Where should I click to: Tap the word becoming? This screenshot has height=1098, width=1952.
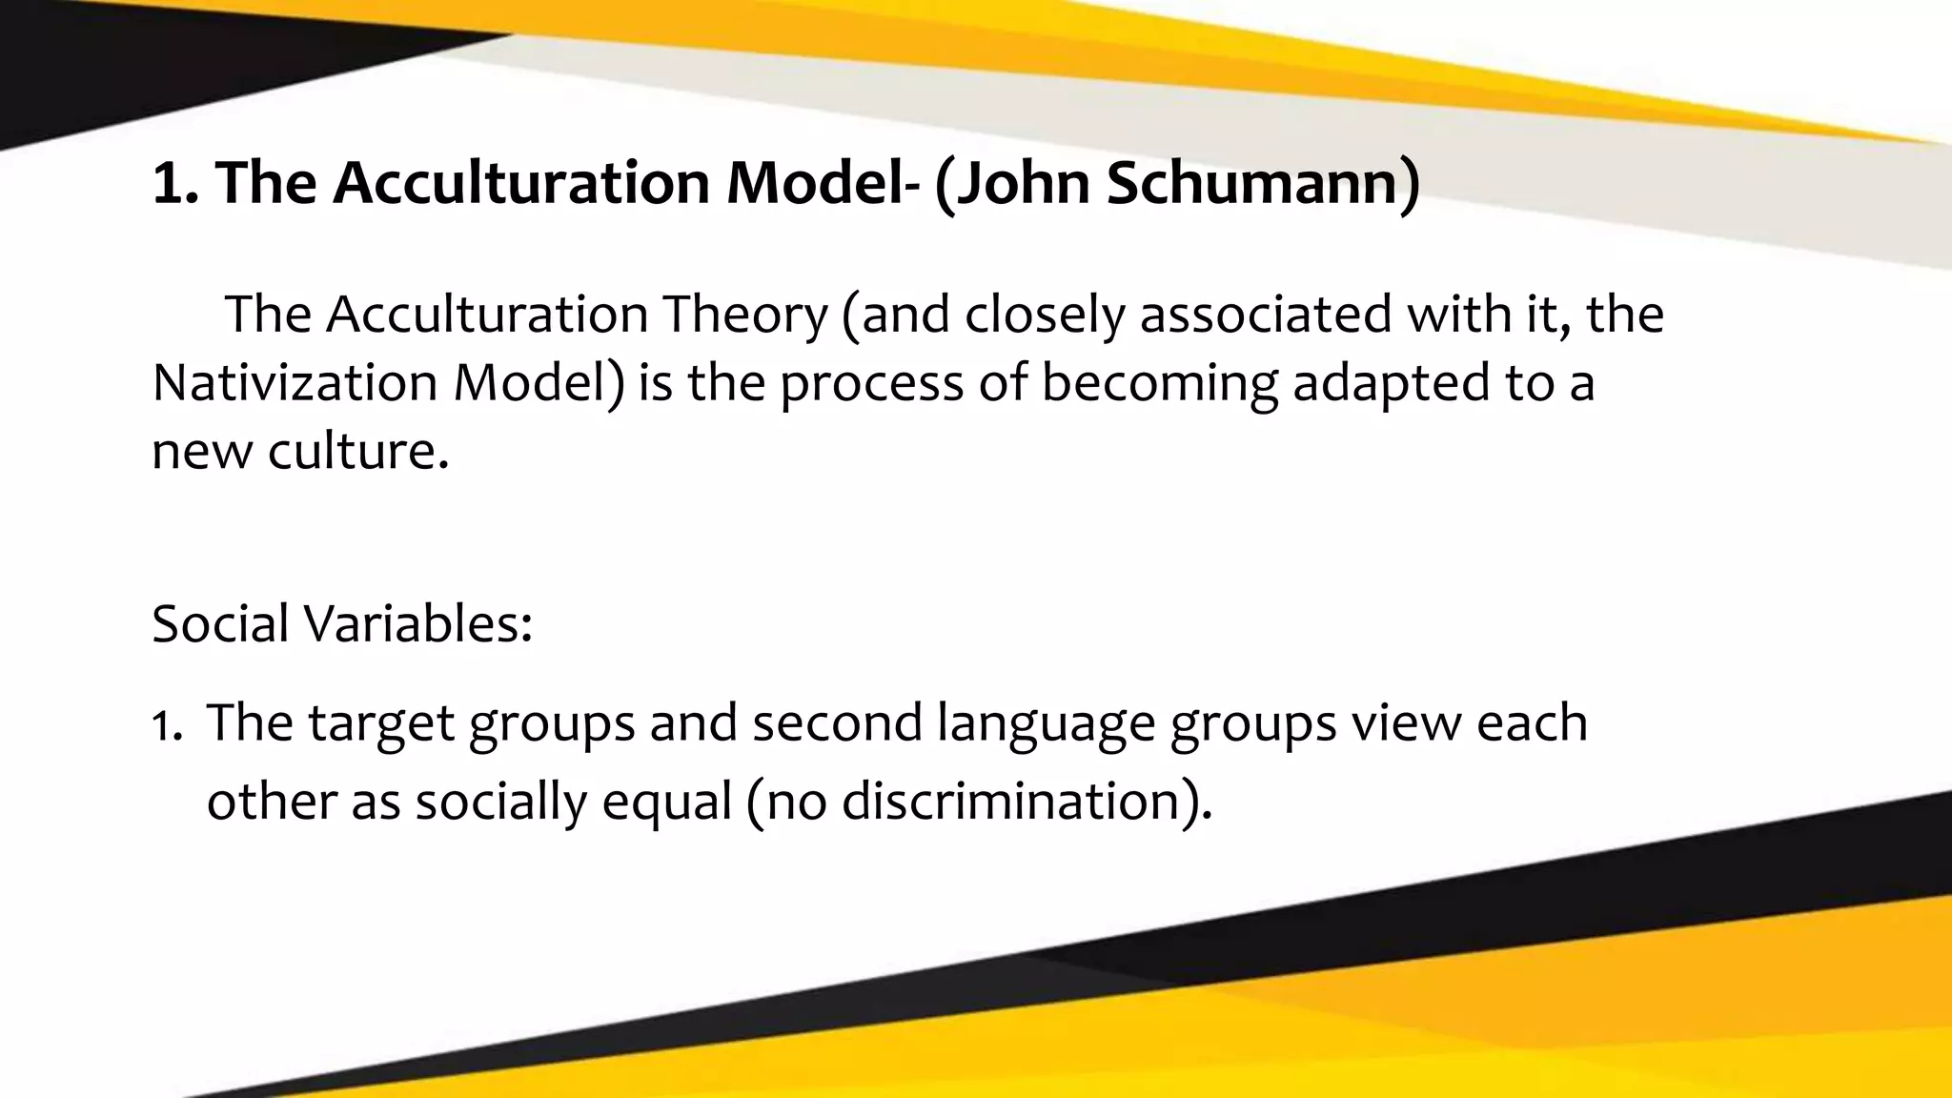coord(1159,384)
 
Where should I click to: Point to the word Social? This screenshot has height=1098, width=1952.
coord(220,623)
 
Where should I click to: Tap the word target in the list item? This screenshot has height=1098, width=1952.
coord(381,724)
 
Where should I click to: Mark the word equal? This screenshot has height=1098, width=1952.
coord(666,802)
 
